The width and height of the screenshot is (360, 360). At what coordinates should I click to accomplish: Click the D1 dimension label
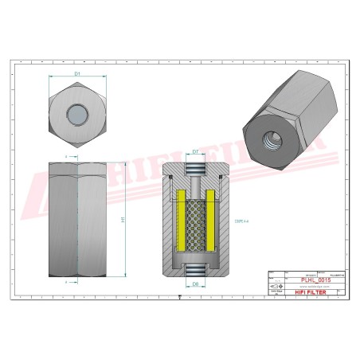point(77,74)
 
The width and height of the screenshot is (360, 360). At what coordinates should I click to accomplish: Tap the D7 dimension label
point(195,151)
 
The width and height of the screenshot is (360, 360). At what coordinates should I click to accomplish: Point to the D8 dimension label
point(195,283)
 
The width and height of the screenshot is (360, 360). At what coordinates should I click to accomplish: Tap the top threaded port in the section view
point(195,168)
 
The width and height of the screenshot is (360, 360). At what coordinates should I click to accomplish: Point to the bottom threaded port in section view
point(195,269)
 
